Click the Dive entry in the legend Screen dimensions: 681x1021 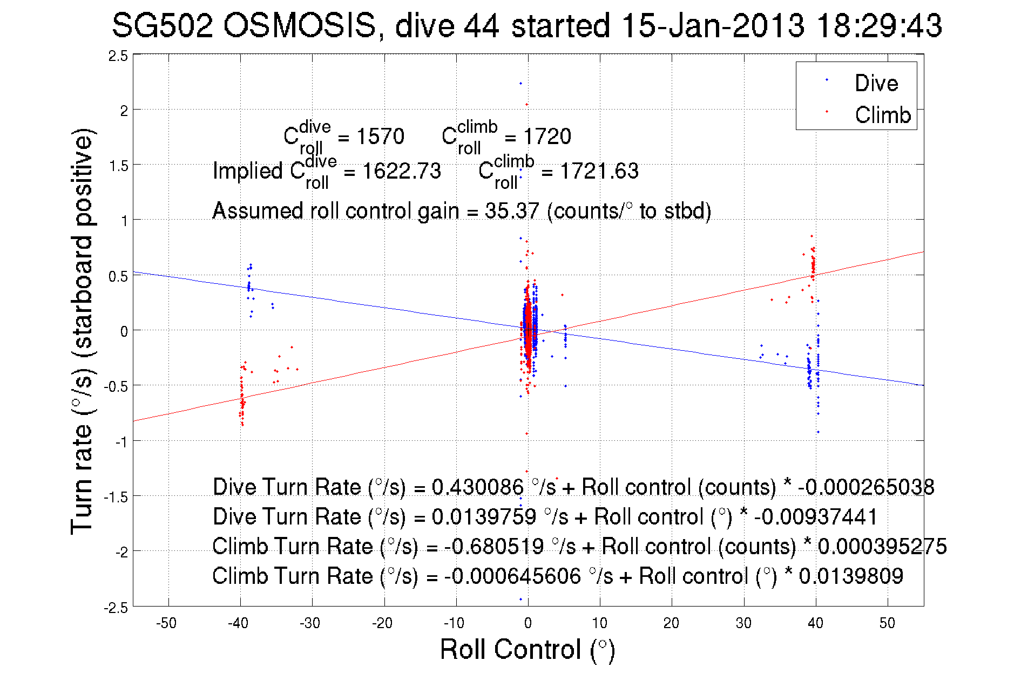[x=875, y=84]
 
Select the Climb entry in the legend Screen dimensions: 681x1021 [x=882, y=115]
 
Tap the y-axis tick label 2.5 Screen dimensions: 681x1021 [x=118, y=56]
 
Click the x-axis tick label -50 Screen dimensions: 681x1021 [x=166, y=623]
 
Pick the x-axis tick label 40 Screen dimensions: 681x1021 [x=815, y=623]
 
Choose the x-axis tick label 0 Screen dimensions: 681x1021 [x=528, y=623]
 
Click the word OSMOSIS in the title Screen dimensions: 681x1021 [x=299, y=25]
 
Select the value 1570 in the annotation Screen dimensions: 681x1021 [x=380, y=137]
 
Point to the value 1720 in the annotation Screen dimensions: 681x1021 [x=547, y=137]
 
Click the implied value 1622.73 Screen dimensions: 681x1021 [x=401, y=171]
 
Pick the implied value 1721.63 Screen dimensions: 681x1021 [x=599, y=171]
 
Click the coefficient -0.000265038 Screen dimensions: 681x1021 [x=866, y=487]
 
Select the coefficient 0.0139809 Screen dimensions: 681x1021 [x=851, y=576]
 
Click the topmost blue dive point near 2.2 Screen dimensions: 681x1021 [x=520, y=84]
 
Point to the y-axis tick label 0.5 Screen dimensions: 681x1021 [x=118, y=277]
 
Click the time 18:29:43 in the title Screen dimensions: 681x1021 [x=879, y=25]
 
